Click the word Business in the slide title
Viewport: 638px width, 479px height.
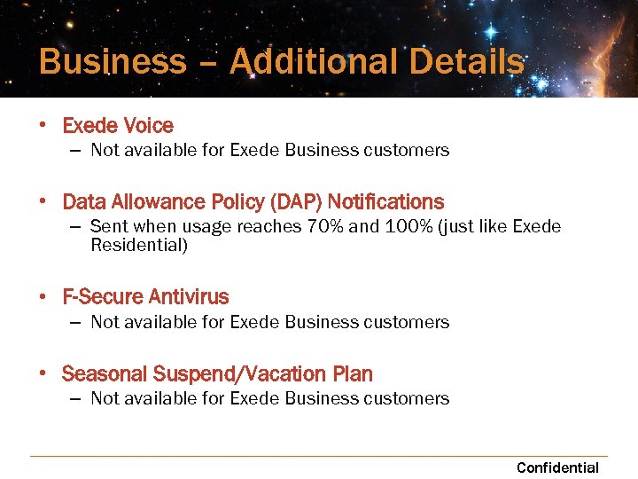(x=113, y=62)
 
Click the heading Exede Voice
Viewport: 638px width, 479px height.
(x=118, y=126)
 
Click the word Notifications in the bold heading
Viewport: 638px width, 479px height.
(x=385, y=202)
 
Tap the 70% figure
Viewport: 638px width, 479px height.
(x=324, y=226)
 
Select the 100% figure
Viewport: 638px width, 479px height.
(x=408, y=226)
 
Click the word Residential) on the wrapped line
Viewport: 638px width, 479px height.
(x=139, y=245)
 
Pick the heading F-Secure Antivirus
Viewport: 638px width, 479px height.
(x=145, y=297)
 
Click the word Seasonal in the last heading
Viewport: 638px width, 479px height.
(x=105, y=374)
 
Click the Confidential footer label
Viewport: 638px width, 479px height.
(x=557, y=467)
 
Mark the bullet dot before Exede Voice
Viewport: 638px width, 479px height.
(x=43, y=126)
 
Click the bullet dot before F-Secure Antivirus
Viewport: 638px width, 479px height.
(x=43, y=297)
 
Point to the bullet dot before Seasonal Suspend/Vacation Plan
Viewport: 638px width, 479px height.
(x=43, y=374)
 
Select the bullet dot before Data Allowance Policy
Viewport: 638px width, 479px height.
(x=43, y=202)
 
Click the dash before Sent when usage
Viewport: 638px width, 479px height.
(x=76, y=226)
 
